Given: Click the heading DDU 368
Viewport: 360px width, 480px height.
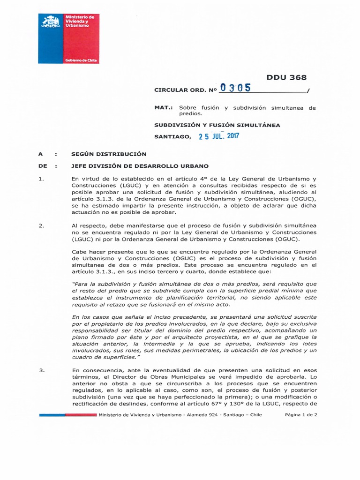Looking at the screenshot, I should (x=286, y=78).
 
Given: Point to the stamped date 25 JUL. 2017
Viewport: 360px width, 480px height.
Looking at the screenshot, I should (x=218, y=136).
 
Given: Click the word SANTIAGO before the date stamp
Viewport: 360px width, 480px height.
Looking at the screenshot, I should (x=172, y=137).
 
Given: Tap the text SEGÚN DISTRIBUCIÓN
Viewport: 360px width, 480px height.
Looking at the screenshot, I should (x=109, y=154).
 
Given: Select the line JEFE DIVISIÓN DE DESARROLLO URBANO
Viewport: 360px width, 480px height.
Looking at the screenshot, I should (x=140, y=166).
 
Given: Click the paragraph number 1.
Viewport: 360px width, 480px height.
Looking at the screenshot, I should (x=41, y=179).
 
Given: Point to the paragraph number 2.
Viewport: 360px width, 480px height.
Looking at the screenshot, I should (x=41, y=225).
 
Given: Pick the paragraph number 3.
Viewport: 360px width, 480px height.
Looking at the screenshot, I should (x=41, y=370).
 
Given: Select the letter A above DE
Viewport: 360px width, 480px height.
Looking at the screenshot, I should (x=41, y=154).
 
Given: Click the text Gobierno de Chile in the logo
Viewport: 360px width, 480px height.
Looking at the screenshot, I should (x=81, y=60).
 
